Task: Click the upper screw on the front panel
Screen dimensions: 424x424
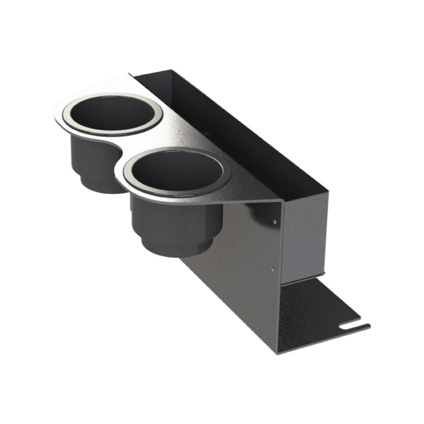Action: coord(275,222)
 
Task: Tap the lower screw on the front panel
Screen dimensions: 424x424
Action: coord(272,269)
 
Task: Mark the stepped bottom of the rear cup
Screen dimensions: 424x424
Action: coord(99,184)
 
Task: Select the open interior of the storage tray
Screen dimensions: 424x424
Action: coord(232,132)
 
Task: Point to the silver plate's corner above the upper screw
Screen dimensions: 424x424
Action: coord(282,201)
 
